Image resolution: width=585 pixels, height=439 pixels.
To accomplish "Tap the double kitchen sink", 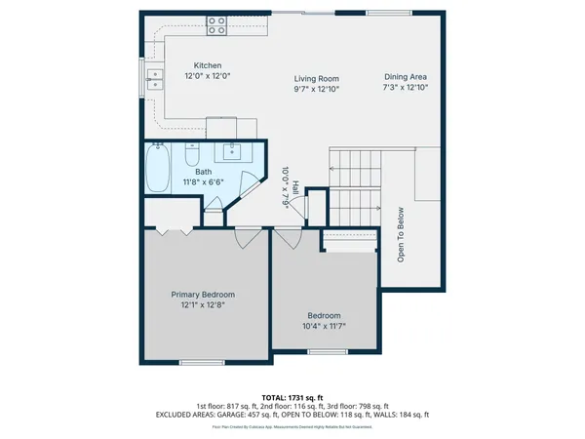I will point(154,79).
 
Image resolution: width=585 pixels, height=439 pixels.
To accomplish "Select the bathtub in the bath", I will point(156,168).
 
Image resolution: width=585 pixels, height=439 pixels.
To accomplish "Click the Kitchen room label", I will point(207,65).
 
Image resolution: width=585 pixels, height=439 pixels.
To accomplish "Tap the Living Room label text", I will point(316,78).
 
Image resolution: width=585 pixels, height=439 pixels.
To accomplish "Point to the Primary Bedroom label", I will point(203,294).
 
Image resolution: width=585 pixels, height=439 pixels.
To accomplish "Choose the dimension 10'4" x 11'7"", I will point(324,326).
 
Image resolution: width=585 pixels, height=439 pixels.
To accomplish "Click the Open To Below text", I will point(400,235).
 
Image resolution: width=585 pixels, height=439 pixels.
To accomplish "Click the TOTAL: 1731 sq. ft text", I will point(292,397).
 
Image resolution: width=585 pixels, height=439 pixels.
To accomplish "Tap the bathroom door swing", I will point(249,185).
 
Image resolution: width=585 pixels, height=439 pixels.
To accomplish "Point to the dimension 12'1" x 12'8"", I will point(203,305).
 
